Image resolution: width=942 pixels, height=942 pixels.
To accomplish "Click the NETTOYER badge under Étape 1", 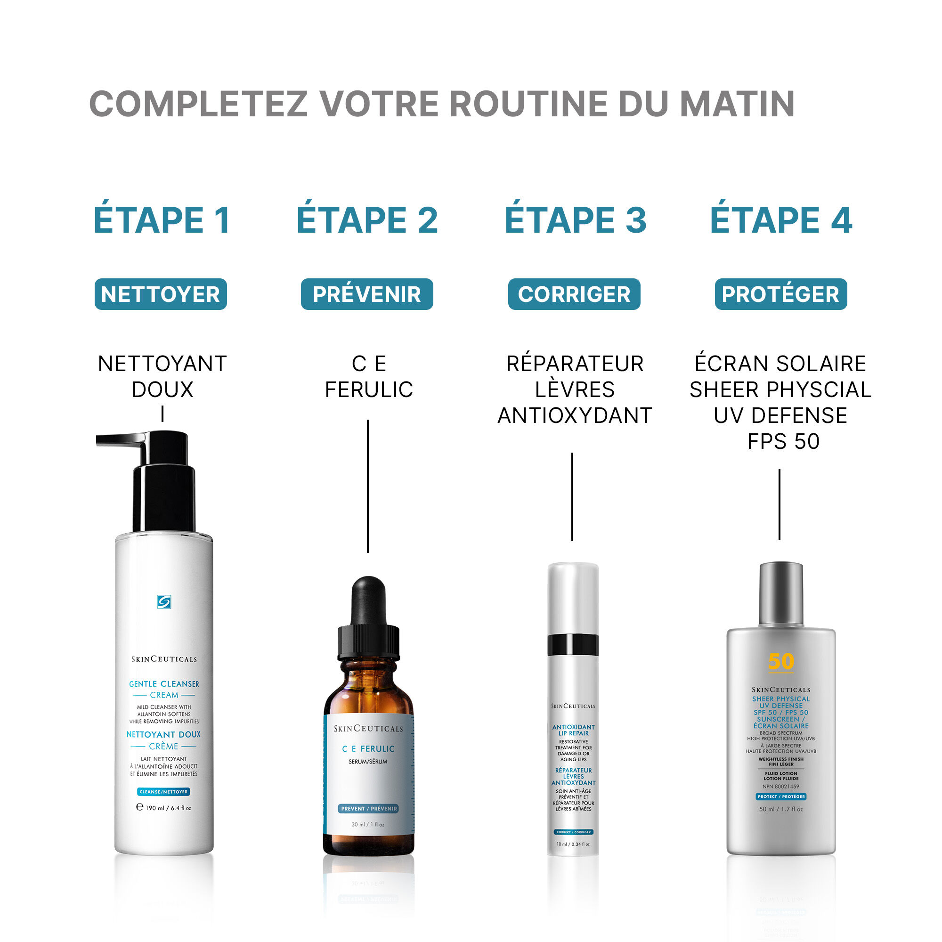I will click(x=161, y=294).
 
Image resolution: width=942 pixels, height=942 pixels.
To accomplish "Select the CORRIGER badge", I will click(x=574, y=294).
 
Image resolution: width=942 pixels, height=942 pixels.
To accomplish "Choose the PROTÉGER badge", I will click(x=780, y=294).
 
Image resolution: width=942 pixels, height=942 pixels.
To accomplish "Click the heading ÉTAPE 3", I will click(x=576, y=220).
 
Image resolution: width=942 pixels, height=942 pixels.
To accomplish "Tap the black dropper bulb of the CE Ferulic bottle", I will click(x=369, y=601).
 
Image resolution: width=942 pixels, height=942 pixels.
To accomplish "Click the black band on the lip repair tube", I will click(x=572, y=645).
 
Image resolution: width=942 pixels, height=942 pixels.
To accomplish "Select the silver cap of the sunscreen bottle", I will click(x=781, y=593).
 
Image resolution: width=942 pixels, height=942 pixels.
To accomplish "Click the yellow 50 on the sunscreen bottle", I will click(x=780, y=662).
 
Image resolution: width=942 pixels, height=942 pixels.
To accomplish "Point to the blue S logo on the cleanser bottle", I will click(x=164, y=601).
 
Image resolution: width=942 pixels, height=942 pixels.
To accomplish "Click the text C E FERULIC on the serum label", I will click(x=368, y=748).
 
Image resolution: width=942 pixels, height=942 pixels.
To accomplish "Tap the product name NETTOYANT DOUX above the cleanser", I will click(x=162, y=376).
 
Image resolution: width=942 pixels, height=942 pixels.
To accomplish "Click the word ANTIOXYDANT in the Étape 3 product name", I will click(x=574, y=416).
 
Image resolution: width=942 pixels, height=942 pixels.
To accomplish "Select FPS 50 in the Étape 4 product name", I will click(x=783, y=441).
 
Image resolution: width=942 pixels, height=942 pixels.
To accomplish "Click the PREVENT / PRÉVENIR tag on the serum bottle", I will click(x=369, y=808).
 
